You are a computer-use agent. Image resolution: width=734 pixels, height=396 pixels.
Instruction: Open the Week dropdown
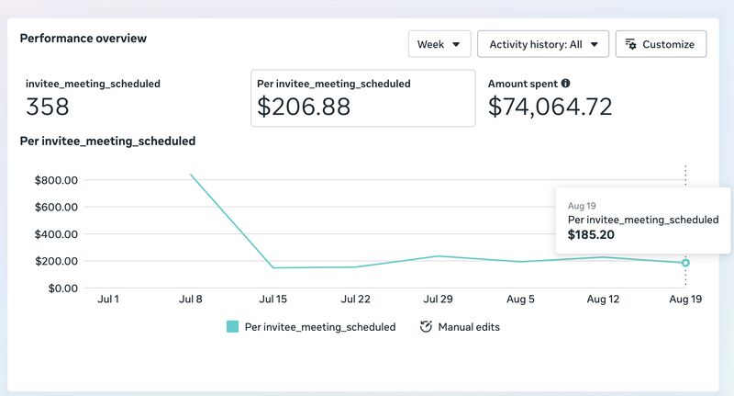click(x=439, y=44)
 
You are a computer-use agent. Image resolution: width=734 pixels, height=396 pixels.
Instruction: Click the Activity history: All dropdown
click(x=543, y=44)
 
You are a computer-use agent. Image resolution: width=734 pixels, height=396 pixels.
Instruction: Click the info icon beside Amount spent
click(x=565, y=84)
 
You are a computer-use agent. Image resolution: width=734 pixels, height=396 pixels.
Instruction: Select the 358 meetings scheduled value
click(x=48, y=107)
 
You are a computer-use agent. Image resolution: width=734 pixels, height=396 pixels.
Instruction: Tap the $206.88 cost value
click(x=304, y=107)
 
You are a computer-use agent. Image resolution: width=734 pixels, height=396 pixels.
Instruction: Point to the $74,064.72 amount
click(x=550, y=107)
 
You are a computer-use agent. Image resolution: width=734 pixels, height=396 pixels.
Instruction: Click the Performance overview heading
click(x=83, y=39)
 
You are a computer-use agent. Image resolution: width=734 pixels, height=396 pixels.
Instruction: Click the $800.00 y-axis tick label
click(x=56, y=180)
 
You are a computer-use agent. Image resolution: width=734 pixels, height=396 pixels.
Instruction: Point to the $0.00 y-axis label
click(x=63, y=289)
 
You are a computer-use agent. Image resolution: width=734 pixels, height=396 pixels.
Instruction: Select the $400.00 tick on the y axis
click(x=56, y=234)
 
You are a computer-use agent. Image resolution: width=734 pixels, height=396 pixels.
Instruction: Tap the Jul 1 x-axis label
click(x=108, y=299)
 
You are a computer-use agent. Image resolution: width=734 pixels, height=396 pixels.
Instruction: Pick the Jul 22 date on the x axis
click(x=356, y=299)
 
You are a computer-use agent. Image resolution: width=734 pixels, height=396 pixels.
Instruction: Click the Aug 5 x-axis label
click(x=520, y=299)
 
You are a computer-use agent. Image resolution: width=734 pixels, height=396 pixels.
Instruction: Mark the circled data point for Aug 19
click(x=685, y=263)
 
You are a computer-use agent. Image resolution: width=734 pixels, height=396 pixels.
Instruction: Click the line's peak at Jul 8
click(x=191, y=175)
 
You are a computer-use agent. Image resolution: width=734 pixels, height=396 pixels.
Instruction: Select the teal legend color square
click(x=233, y=327)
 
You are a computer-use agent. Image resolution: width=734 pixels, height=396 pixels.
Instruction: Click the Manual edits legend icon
click(x=426, y=327)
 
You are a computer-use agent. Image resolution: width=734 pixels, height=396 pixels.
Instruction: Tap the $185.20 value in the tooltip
click(x=591, y=235)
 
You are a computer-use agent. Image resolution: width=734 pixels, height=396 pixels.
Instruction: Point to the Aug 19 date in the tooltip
click(x=582, y=206)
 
